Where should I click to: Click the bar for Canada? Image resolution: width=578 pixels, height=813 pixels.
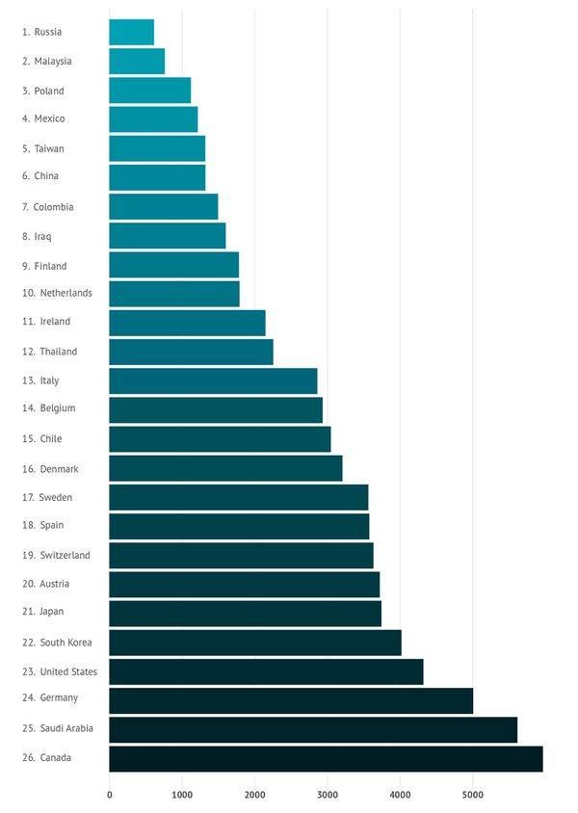(326, 758)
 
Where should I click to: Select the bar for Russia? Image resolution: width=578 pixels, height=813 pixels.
(131, 32)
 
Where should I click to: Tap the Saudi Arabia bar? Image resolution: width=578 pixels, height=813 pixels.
(313, 729)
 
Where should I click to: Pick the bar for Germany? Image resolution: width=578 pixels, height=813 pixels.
(291, 700)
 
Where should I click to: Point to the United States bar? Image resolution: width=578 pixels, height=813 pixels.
(266, 671)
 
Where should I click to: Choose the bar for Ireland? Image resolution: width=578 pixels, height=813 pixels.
(187, 323)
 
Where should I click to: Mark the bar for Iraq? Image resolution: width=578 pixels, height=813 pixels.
(167, 236)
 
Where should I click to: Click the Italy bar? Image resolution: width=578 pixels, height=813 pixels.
(213, 380)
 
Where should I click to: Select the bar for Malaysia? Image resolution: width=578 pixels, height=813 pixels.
(137, 61)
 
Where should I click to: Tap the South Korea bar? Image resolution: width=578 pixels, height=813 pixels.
(255, 643)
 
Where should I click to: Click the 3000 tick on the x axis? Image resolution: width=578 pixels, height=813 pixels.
(328, 795)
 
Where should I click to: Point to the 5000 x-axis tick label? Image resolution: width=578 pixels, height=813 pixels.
(472, 795)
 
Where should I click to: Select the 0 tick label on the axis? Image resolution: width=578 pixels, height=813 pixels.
(109, 795)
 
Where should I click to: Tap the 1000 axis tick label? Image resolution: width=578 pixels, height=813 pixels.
(182, 795)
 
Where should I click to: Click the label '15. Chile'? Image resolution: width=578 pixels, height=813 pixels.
(41, 438)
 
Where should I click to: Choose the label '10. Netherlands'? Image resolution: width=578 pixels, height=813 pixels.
(57, 293)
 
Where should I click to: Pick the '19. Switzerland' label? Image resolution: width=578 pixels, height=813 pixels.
(56, 555)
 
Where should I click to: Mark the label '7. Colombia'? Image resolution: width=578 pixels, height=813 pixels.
(47, 207)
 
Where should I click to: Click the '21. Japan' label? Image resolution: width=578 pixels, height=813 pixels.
(42, 611)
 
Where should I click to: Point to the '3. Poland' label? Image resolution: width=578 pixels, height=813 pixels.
(43, 91)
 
